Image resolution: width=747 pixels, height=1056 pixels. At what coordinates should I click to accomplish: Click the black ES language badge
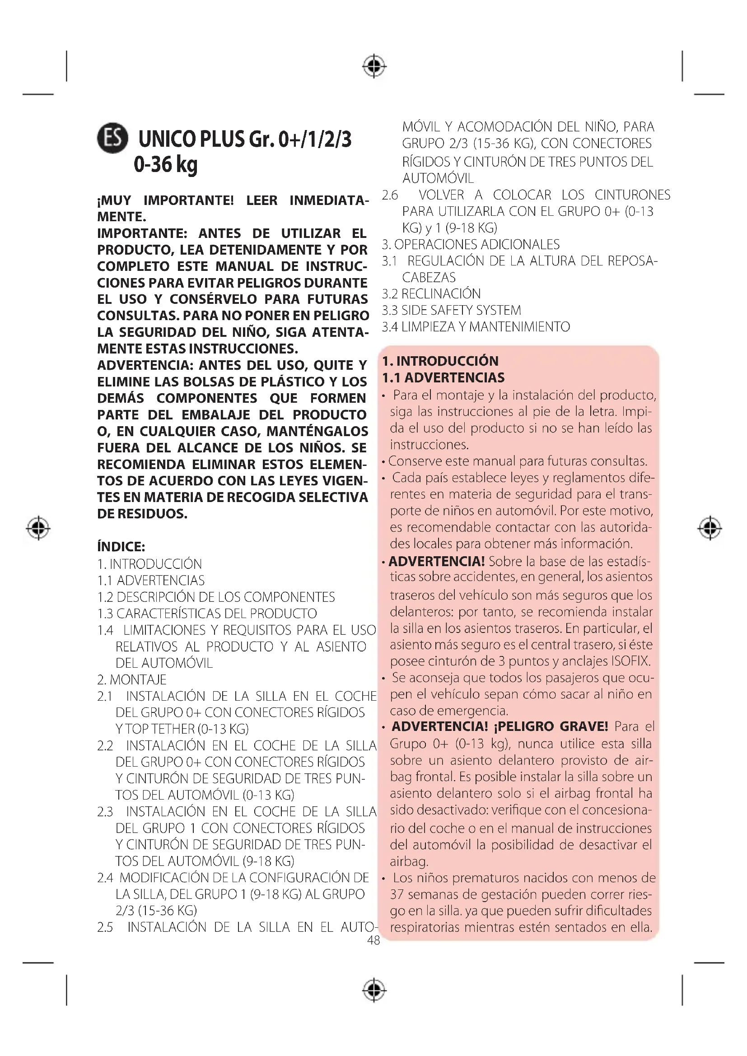point(112,138)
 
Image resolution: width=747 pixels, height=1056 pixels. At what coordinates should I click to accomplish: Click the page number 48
point(373,940)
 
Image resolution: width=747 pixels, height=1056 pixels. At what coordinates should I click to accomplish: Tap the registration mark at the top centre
point(374,66)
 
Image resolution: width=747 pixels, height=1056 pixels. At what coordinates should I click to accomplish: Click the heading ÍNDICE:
point(121,546)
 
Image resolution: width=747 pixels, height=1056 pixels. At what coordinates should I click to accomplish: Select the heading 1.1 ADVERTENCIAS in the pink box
point(443,377)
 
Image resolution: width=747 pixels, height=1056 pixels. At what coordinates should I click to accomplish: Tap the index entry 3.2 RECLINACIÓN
point(431,293)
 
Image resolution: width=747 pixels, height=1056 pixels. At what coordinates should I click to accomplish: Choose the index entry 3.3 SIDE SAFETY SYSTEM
point(451,310)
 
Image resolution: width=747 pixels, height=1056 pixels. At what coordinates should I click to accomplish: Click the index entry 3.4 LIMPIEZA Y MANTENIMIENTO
point(476,326)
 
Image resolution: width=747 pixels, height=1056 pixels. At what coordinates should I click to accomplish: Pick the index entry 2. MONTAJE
point(131,679)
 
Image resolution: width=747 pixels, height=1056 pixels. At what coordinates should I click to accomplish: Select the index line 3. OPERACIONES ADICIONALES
point(471,244)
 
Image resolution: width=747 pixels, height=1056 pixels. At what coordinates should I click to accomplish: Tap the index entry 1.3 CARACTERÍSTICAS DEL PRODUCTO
point(207,613)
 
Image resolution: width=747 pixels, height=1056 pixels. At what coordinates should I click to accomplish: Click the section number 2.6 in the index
point(390,195)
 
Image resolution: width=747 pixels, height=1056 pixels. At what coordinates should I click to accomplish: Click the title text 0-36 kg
point(166,164)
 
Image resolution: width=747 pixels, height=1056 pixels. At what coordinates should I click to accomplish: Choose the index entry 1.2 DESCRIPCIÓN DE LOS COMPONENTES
point(216,596)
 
